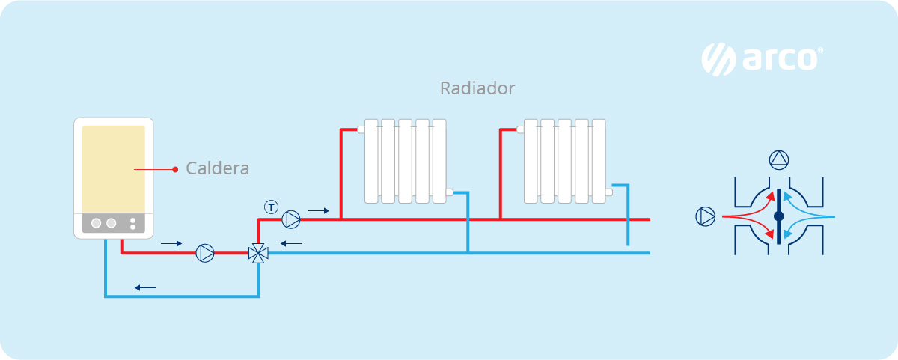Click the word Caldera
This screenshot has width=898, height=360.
(217, 168)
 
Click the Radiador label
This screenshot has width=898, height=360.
(477, 88)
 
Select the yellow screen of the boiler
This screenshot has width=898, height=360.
(114, 168)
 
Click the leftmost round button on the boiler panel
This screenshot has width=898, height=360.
(97, 223)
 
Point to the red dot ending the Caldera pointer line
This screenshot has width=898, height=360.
(175, 169)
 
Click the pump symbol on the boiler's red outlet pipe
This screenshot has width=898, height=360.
(204, 253)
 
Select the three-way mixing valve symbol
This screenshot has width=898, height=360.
(258, 253)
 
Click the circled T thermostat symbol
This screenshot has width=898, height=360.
(271, 206)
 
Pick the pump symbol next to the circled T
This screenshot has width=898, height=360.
(291, 219)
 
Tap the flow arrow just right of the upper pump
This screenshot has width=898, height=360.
(318, 211)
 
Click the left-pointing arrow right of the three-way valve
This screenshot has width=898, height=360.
(291, 243)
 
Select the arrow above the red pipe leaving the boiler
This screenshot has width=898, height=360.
(171, 243)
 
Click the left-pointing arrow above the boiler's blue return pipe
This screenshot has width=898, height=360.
(145, 287)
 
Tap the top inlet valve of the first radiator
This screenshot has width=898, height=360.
(361, 129)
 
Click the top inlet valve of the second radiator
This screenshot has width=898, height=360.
(520, 129)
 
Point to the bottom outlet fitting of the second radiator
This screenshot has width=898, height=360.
(608, 192)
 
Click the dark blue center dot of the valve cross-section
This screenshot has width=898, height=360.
(778, 216)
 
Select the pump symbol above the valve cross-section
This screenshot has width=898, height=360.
(778, 159)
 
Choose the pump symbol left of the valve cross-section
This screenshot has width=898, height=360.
(705, 216)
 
